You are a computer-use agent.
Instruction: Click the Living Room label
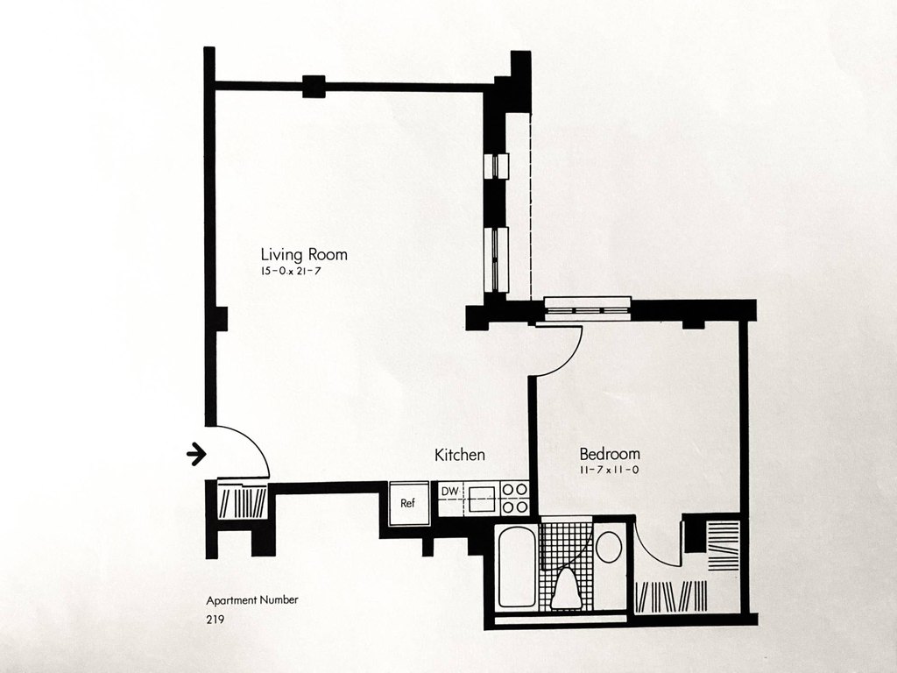click(310, 255)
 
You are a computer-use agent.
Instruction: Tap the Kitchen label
click(460, 455)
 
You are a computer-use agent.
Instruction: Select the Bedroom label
click(610, 454)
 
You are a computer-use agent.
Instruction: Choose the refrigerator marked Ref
click(407, 503)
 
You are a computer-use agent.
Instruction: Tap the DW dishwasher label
click(449, 491)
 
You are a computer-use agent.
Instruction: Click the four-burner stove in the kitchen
click(517, 498)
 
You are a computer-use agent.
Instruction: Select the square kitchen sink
click(482, 498)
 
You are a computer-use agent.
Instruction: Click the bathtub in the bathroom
click(517, 567)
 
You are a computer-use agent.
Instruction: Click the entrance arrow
click(196, 453)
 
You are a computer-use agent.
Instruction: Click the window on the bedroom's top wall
click(587, 306)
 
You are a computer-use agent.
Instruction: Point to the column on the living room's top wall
click(314, 86)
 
